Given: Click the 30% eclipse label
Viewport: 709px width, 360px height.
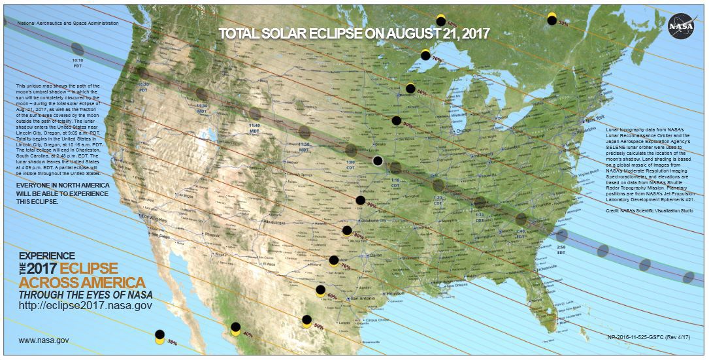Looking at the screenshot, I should [172, 341].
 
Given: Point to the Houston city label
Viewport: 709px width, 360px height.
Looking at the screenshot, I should [395, 294].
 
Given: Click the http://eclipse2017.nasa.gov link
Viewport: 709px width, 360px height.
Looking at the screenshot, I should [86, 305].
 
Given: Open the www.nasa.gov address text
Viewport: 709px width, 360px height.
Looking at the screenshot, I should [44, 340].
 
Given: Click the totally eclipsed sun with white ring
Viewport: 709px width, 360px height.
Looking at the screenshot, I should [378, 161].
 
